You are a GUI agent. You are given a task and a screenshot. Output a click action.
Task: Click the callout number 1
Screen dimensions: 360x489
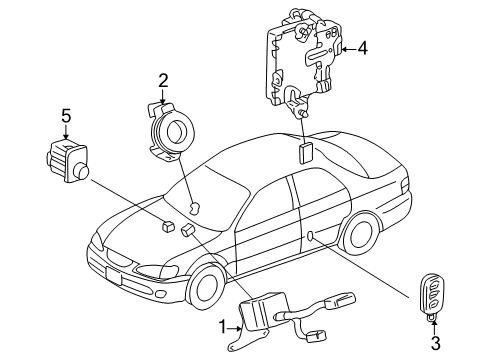click(223, 325)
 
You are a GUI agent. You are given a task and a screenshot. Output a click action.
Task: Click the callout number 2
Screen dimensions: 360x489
click(163, 80)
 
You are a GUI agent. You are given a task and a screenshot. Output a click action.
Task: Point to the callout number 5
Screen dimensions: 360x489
click(66, 118)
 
